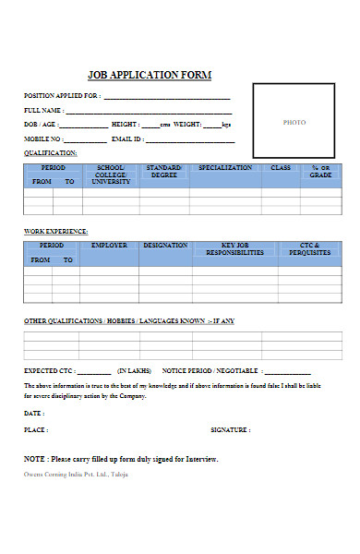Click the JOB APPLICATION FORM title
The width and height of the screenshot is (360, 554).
149,75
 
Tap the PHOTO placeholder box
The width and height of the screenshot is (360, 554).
294,122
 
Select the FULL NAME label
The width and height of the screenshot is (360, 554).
43,110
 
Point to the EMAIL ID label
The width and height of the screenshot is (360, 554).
127,138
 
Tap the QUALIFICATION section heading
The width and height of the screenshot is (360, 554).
51,152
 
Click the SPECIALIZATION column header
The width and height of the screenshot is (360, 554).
224,168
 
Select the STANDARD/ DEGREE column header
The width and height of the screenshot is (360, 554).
164,172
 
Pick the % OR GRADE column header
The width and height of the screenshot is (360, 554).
320,172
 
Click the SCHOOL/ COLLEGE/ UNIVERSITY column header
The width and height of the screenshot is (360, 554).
111,175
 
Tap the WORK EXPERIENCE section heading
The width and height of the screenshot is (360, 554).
55,231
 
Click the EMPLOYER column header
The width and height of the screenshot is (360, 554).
109,246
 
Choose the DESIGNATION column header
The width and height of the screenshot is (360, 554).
165,246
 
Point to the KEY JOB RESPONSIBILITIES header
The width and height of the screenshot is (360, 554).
234,249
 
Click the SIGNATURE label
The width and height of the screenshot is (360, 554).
230,429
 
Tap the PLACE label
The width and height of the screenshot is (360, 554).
36,429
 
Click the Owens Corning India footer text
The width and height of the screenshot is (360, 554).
76,474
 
